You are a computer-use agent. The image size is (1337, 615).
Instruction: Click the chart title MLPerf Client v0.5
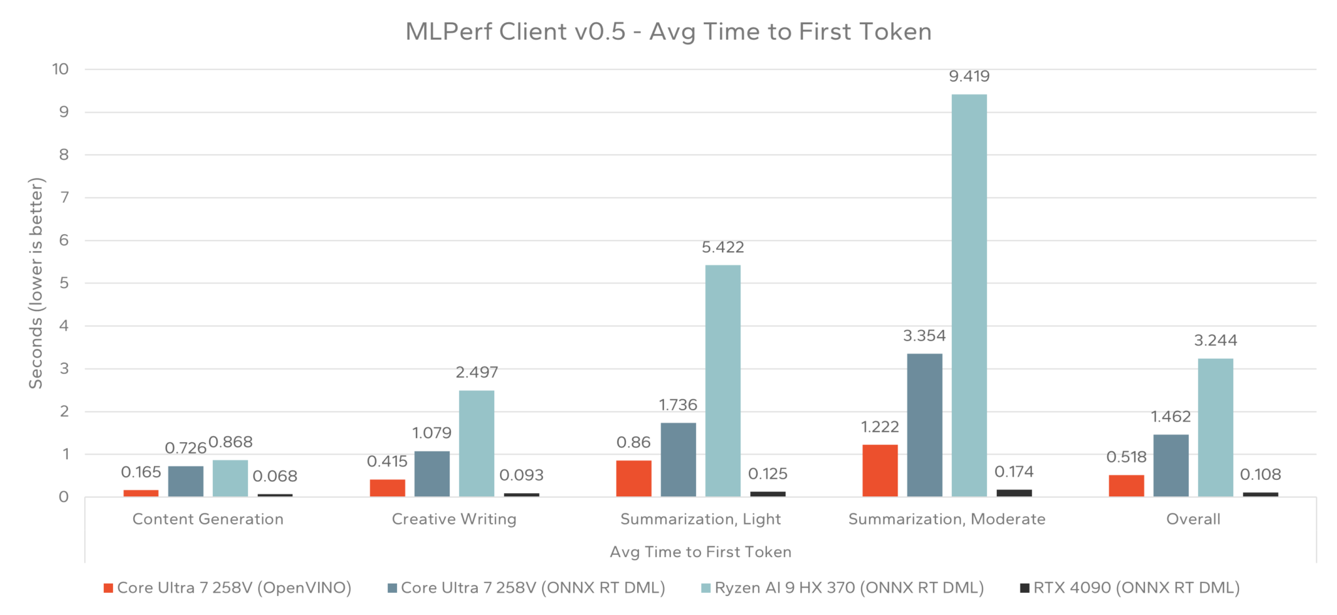click(x=668, y=31)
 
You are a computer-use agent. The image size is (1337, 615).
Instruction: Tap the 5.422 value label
click(x=722, y=247)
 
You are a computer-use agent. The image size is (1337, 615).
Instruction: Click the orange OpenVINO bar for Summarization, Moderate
click(x=879, y=470)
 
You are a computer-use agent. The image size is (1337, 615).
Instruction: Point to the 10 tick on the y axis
click(x=60, y=69)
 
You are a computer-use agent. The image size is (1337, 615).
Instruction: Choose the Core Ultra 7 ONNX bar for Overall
click(x=1171, y=465)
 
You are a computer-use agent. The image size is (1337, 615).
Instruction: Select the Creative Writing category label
click(x=454, y=519)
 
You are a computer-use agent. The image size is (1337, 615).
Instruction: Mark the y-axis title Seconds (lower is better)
click(x=36, y=283)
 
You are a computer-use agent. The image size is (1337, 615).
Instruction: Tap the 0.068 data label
click(x=275, y=476)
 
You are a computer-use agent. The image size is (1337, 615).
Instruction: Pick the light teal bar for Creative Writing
click(x=476, y=443)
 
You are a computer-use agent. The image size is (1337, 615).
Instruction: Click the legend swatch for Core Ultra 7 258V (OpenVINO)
click(x=108, y=588)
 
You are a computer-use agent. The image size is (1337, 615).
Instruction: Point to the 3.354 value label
click(x=924, y=336)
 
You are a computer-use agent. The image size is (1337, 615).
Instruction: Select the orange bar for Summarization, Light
click(x=633, y=478)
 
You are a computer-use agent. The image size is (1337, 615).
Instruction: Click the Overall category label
click(x=1193, y=519)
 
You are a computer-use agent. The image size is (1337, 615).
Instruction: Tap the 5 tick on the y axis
click(x=63, y=283)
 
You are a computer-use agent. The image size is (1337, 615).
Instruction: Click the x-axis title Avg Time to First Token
click(x=700, y=552)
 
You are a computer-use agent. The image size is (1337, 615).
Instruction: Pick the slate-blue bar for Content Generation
click(x=185, y=481)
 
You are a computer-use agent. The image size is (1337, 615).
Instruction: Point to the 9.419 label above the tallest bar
click(x=969, y=76)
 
